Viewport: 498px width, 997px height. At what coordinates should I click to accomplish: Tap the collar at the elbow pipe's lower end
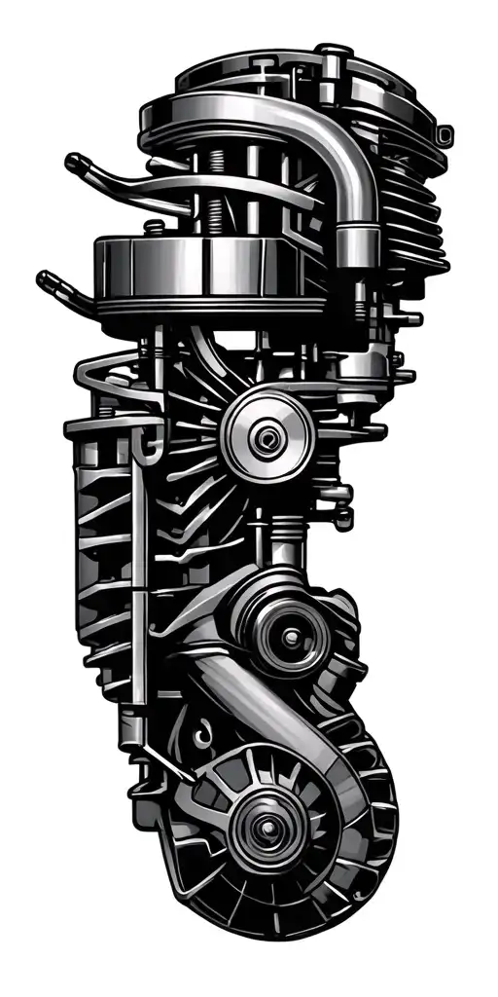[357, 238]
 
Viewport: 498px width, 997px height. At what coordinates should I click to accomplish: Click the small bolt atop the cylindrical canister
[153, 228]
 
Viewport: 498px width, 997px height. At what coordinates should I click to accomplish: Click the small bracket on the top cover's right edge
[445, 131]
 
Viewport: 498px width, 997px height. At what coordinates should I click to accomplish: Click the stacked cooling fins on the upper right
[409, 214]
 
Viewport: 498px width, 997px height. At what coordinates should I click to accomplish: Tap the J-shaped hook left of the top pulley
[148, 443]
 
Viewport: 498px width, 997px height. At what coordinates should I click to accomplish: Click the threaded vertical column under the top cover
[209, 195]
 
